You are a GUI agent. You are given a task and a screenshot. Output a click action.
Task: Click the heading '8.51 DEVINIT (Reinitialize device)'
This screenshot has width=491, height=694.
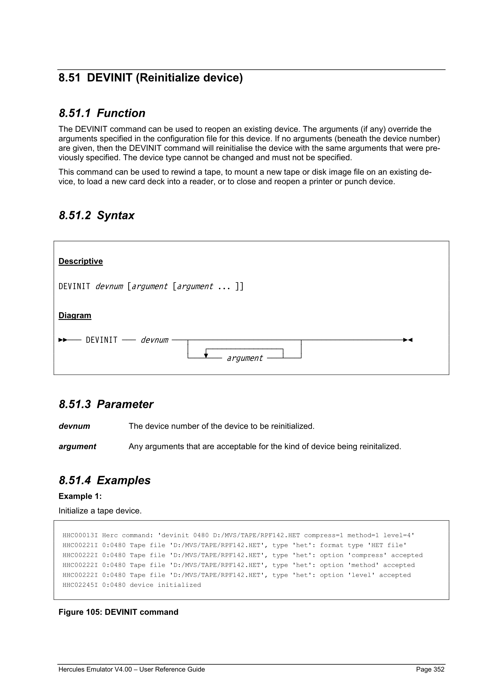click(x=151, y=78)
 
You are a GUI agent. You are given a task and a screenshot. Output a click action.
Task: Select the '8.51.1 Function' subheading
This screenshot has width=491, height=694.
click(x=102, y=113)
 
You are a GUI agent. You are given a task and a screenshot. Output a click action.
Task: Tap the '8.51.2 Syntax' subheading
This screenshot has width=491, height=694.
click(x=97, y=215)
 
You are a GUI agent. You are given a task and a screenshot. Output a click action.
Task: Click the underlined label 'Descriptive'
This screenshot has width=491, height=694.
click(x=80, y=261)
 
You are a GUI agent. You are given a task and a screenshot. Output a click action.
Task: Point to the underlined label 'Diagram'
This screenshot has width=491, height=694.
click(x=75, y=315)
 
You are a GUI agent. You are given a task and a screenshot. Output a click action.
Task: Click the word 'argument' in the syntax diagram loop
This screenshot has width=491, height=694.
click(x=245, y=358)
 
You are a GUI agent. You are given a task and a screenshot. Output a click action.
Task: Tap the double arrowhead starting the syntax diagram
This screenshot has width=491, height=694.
click(x=63, y=340)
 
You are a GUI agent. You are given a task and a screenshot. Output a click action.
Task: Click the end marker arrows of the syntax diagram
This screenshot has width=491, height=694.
click(x=408, y=340)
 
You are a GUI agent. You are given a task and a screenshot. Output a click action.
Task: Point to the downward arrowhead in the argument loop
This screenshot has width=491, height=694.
click(x=206, y=355)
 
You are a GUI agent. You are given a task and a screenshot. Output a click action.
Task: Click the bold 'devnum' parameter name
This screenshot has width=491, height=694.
click(x=74, y=426)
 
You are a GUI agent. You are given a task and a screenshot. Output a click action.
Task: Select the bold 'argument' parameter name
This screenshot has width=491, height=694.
click(x=77, y=446)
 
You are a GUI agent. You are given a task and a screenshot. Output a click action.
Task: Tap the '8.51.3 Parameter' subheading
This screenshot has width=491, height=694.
click(x=106, y=404)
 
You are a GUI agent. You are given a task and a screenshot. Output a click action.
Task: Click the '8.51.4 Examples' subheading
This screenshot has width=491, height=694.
click(x=104, y=480)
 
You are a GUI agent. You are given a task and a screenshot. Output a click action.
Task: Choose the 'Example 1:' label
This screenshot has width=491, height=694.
click(x=80, y=496)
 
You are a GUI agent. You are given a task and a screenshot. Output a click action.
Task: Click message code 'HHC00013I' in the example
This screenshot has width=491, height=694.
click(x=80, y=535)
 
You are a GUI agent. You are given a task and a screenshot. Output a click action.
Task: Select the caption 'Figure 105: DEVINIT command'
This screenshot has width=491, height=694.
click(x=118, y=612)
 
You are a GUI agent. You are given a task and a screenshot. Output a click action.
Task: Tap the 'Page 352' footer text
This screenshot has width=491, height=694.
click(x=430, y=669)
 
